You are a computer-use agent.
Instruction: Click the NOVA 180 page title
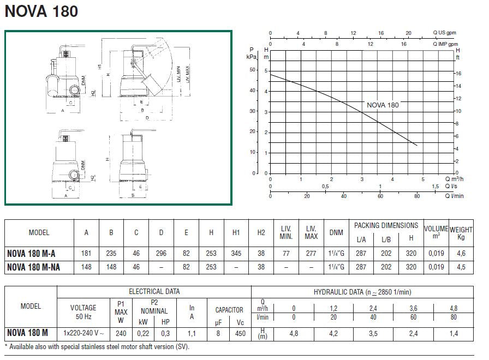point(41,11)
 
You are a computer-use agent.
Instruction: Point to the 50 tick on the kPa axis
point(252,70)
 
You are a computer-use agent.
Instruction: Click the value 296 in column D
point(161,253)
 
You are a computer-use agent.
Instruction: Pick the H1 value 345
point(236,253)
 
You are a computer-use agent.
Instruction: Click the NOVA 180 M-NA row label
point(39,267)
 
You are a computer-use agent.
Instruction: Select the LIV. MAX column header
point(311,232)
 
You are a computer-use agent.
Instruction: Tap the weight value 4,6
point(461,253)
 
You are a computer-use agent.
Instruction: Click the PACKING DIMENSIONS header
point(386,225)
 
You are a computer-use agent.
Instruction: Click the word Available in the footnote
point(24,346)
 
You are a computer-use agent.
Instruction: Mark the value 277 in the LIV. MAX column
point(311,253)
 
